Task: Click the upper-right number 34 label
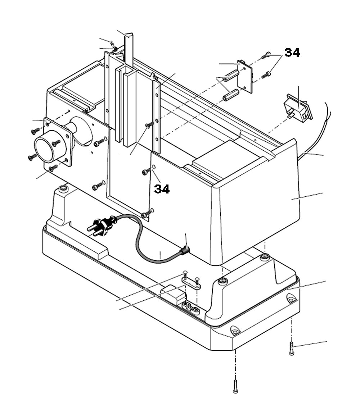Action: [292, 53]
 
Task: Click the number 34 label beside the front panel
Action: [162, 189]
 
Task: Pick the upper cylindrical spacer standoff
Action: [231, 76]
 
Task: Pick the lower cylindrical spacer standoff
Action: [231, 95]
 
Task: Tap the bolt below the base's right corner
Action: [292, 348]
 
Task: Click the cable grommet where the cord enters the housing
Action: [185, 250]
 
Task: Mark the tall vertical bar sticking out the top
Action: [129, 50]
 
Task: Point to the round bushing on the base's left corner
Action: [64, 188]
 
